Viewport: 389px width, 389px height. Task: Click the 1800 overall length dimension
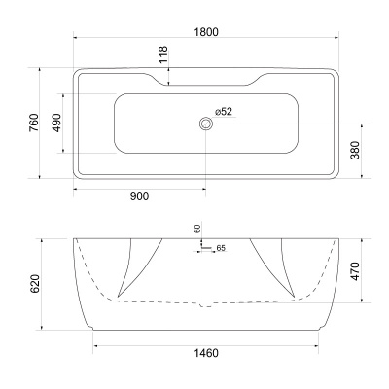point(204,31)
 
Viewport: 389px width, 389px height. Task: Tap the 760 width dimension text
point(33,124)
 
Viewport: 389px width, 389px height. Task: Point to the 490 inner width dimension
point(57,124)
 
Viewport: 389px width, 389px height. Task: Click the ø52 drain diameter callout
point(223,112)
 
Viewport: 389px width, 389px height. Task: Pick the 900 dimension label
point(139,195)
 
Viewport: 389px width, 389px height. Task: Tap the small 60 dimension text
point(197,229)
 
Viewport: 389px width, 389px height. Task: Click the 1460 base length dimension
point(206,352)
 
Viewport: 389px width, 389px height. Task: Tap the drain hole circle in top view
point(206,124)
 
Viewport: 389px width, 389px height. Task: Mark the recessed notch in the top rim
point(206,79)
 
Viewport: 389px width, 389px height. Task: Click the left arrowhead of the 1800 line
point(77,40)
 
